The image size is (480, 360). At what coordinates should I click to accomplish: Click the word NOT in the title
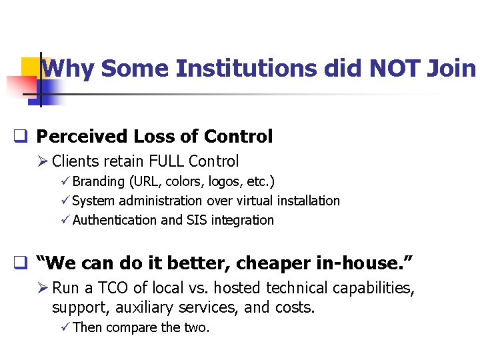pos(394,68)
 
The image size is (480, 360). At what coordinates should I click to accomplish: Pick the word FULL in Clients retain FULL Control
pos(167,161)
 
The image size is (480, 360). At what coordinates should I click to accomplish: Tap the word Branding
pos(99,181)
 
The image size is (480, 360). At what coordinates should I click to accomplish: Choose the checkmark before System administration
pos(65,201)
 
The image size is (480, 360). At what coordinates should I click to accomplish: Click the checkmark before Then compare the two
pos(65,327)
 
